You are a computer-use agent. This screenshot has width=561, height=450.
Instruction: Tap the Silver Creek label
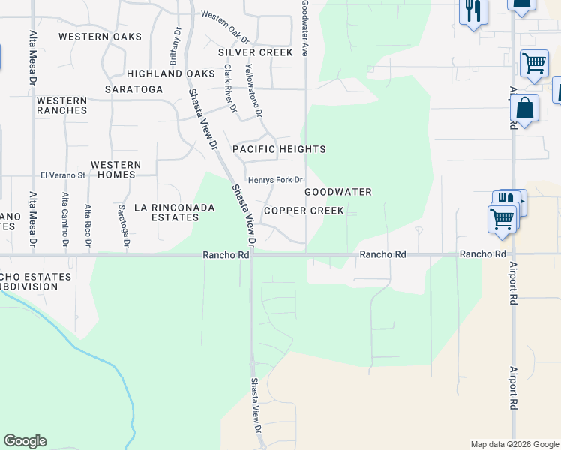click(x=256, y=52)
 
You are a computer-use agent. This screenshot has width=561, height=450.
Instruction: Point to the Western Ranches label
click(x=61, y=105)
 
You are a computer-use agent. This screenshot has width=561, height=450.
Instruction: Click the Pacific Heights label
click(x=279, y=149)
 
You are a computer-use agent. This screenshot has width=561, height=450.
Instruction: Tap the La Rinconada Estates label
click(x=166, y=212)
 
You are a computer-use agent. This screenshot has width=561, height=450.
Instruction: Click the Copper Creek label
click(x=304, y=211)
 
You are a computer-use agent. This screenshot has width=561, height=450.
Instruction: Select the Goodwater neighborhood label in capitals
click(x=338, y=192)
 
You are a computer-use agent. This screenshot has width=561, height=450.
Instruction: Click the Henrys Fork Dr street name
click(x=275, y=180)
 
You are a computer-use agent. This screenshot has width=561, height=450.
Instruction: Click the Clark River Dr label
click(x=229, y=88)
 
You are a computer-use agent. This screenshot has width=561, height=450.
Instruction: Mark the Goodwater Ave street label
click(x=305, y=28)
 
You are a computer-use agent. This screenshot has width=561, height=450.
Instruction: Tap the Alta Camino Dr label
click(x=66, y=220)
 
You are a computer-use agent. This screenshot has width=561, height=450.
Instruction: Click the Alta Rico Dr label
click(x=88, y=225)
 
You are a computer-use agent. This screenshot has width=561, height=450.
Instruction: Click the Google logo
click(x=25, y=441)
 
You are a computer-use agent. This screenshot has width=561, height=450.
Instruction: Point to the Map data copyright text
click(x=514, y=444)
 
